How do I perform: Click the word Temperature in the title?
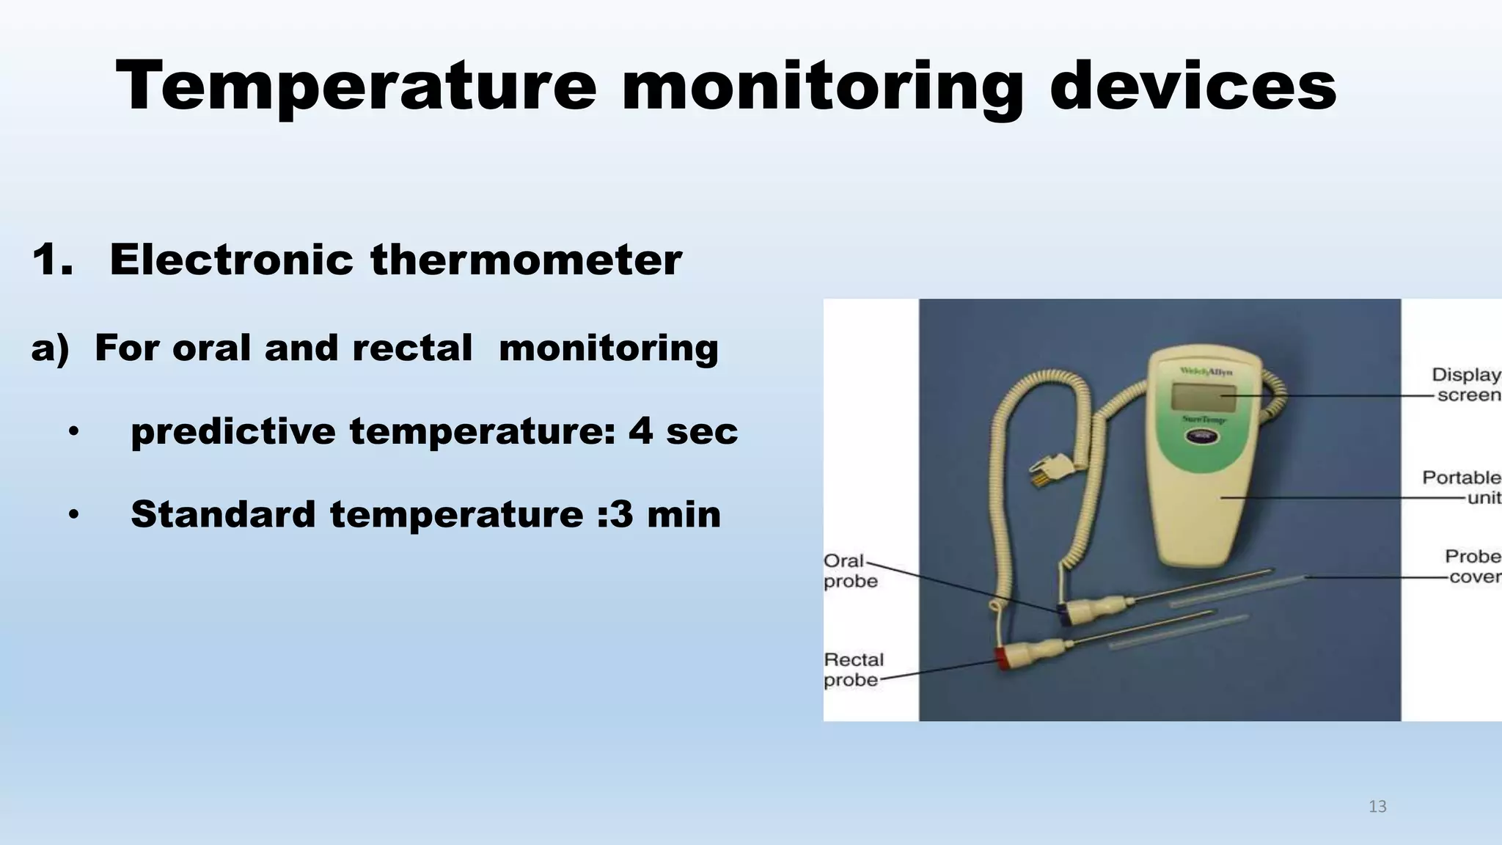(356, 87)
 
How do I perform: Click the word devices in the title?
(1193, 87)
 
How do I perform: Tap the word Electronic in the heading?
(231, 260)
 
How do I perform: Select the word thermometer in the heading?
(526, 260)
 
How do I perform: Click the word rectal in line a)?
(412, 348)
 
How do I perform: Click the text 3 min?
(665, 513)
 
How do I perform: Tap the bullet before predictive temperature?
(73, 432)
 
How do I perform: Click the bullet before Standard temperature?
(73, 515)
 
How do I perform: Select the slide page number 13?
(1377, 807)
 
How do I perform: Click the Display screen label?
(1466, 385)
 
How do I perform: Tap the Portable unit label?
(1462, 488)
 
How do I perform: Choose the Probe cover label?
(1473, 566)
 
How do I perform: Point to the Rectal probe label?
(854, 670)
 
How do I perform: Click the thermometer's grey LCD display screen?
(1204, 398)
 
